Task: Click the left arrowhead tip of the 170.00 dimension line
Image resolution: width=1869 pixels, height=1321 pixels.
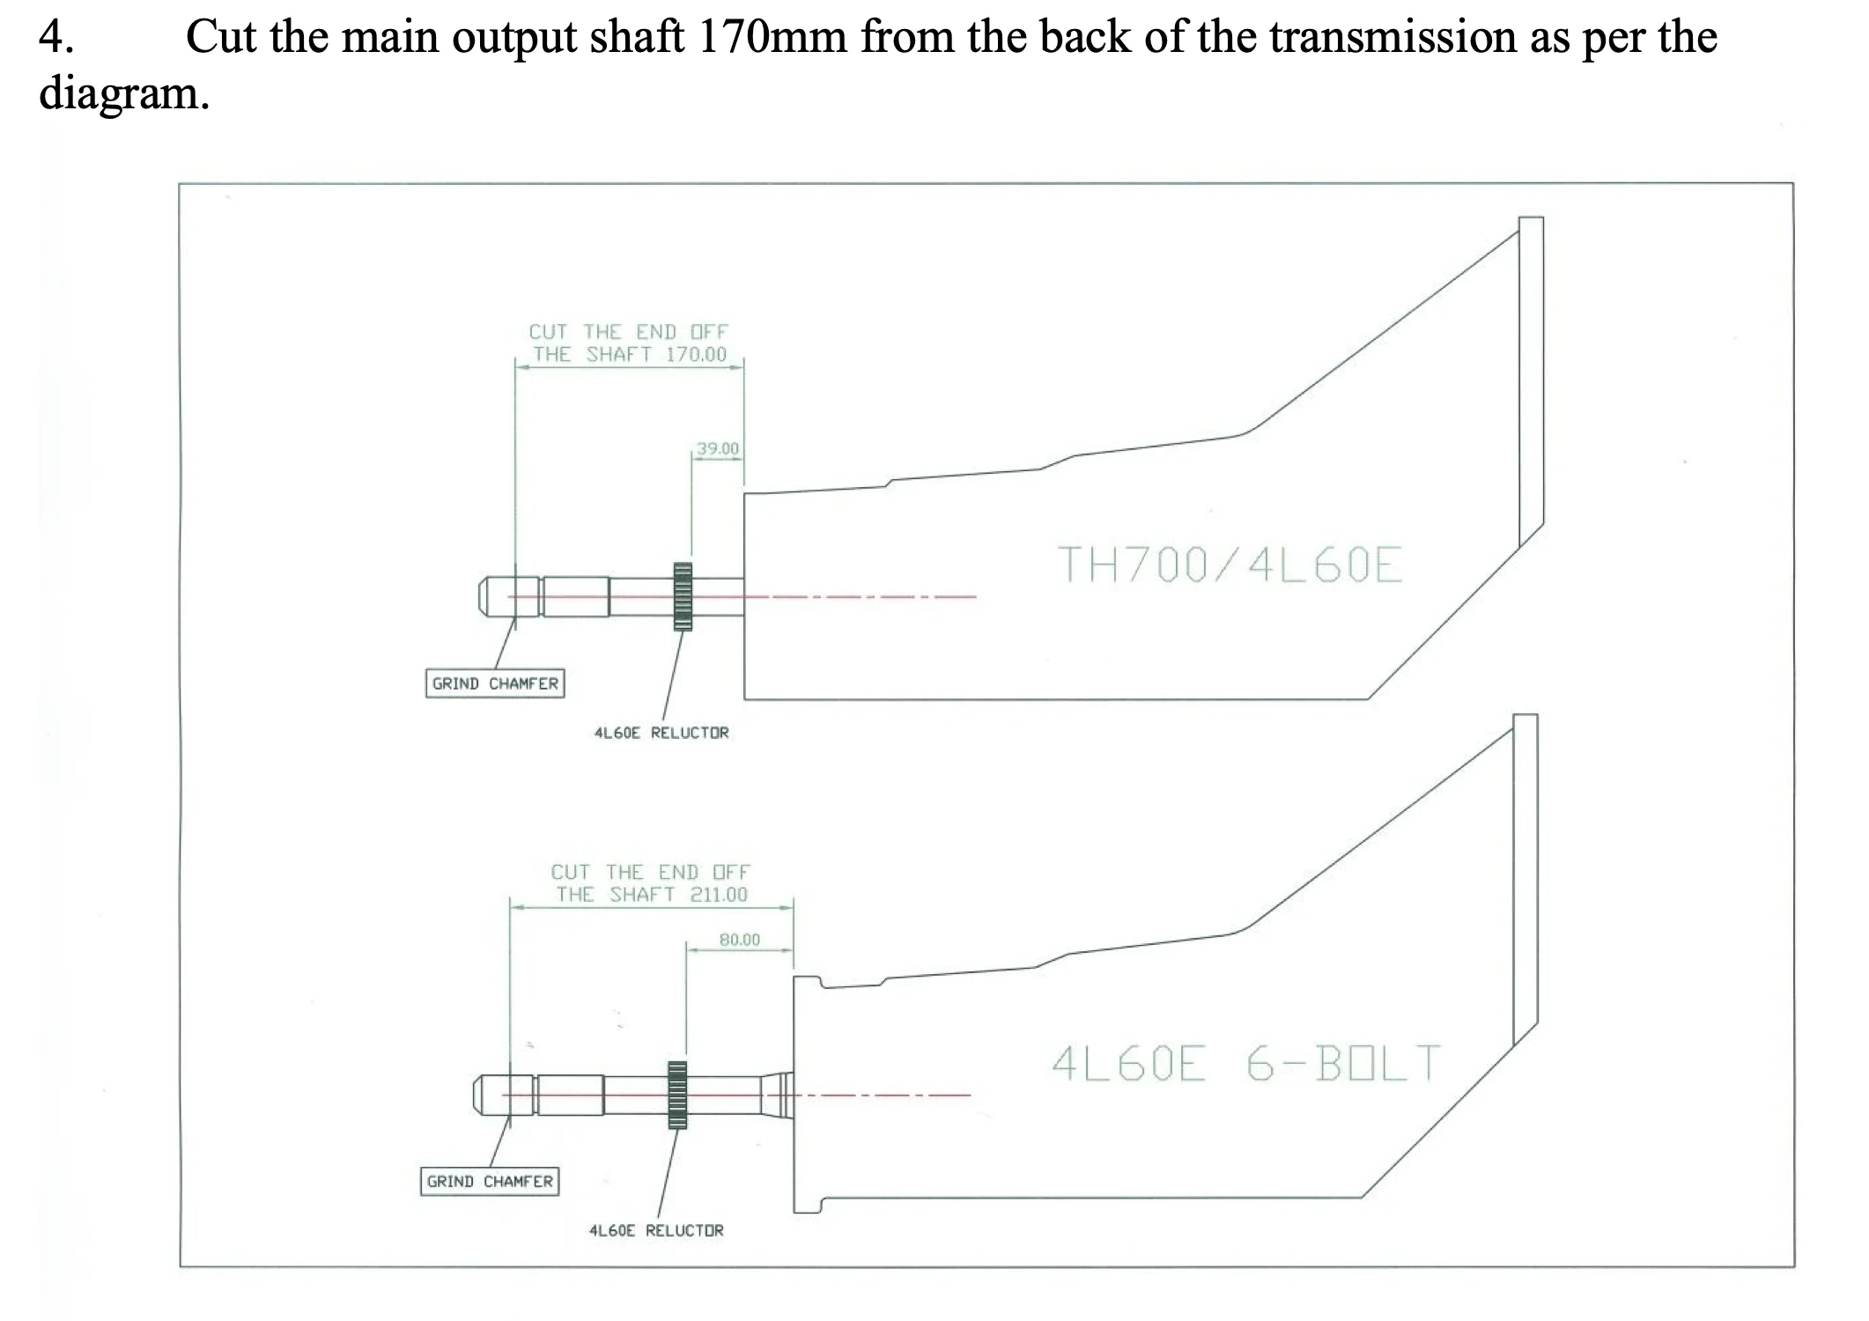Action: point(516,368)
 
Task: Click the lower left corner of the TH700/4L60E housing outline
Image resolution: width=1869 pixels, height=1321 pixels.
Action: point(744,699)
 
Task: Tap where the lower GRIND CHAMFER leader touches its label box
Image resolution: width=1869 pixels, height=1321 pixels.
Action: point(490,1168)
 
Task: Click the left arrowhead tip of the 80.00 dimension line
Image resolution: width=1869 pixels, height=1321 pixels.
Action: point(687,949)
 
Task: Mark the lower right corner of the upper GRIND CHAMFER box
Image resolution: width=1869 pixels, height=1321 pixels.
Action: point(564,697)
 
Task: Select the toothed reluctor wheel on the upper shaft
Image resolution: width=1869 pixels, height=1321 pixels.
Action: point(683,596)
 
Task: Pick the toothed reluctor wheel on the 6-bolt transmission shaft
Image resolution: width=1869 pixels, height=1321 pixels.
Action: point(677,1095)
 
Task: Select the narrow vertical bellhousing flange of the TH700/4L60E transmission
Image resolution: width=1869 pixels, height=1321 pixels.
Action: point(1531,380)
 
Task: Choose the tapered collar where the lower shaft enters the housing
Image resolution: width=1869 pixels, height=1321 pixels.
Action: point(778,1096)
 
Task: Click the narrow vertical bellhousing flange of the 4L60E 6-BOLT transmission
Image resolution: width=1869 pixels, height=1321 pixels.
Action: point(1525,879)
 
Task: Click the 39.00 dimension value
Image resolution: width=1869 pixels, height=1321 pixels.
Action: point(718,449)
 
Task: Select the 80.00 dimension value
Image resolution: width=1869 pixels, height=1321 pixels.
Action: point(739,940)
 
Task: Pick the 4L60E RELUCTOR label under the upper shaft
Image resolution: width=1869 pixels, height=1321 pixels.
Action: point(661,733)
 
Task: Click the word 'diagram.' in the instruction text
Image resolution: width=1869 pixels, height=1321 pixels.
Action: point(124,93)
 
